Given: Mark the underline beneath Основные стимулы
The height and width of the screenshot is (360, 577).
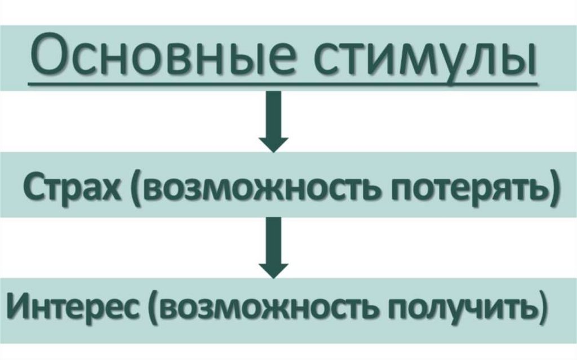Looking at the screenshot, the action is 282,85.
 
